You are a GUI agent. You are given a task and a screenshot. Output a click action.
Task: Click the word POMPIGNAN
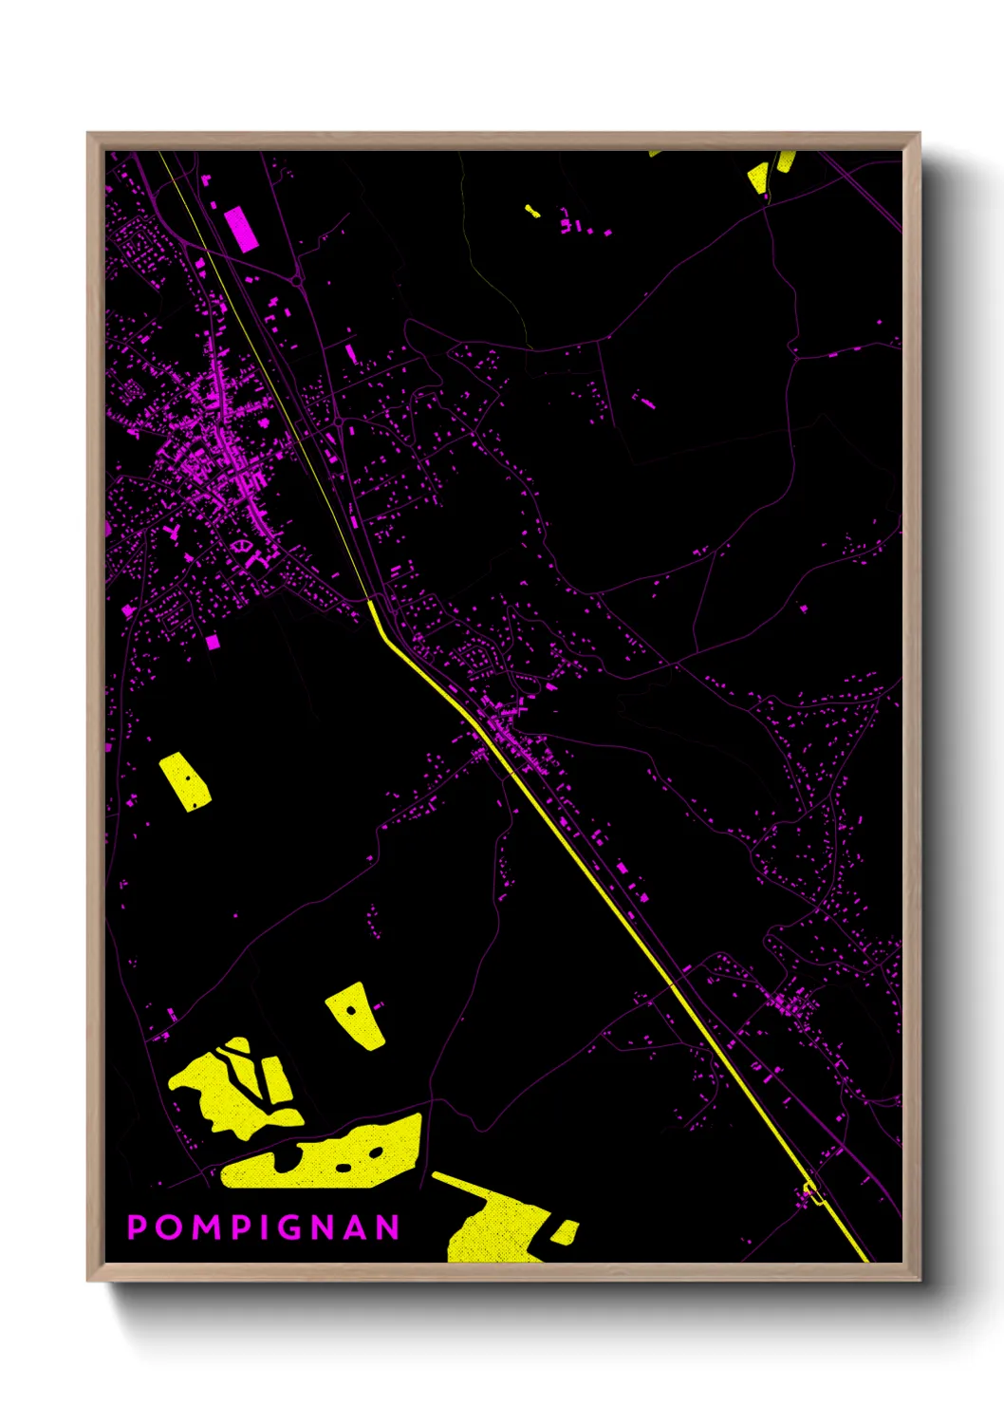264,1227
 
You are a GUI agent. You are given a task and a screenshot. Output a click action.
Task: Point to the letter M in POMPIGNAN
201,1227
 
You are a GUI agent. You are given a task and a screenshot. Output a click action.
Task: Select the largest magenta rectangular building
241,230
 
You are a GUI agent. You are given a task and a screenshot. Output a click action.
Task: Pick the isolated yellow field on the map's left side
186,781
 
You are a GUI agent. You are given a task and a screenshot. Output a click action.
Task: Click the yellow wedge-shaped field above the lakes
357,1015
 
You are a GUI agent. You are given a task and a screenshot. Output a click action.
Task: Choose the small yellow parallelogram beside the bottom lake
565,1231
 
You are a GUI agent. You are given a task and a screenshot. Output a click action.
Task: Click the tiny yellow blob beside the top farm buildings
532,211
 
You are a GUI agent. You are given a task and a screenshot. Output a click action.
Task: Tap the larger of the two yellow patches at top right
758,178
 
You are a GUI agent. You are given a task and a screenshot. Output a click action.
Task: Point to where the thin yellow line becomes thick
369,600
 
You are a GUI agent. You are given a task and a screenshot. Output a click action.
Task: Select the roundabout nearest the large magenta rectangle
298,279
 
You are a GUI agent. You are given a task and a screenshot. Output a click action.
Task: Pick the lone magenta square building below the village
213,643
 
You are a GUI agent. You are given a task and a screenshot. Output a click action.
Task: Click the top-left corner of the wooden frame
88,134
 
